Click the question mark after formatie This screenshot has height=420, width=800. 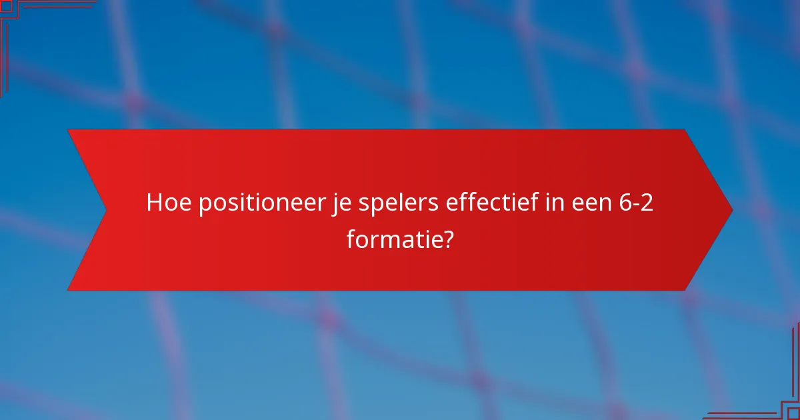click(448, 238)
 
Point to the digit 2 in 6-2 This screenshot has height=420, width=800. click(645, 202)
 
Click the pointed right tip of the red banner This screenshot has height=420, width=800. click(731, 210)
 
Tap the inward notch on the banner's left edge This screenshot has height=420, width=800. click(105, 210)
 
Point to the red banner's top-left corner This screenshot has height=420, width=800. click(69, 130)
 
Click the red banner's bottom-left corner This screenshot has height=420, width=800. click(69, 290)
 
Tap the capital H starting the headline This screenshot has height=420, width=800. click(154, 202)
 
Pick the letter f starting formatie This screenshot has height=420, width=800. click(351, 238)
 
